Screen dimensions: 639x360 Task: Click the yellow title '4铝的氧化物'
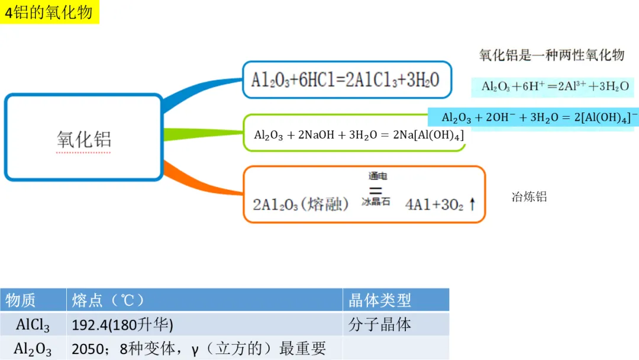point(49,12)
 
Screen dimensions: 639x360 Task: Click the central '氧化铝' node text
point(84,139)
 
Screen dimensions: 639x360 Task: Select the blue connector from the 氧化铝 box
point(202,93)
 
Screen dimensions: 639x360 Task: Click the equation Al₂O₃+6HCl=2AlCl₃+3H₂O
point(345,80)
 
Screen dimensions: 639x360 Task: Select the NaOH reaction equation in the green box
point(359,135)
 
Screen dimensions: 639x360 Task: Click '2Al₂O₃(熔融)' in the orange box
point(301,204)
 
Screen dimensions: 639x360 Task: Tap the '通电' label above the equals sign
point(377,176)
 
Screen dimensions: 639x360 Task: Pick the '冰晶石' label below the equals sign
point(376,201)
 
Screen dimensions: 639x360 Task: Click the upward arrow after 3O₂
point(472,204)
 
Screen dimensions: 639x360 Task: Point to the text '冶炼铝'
point(529,197)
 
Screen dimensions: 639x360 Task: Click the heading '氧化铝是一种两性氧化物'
point(552,54)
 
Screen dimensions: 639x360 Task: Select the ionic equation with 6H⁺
point(555,86)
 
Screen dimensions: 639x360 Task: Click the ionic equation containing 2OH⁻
point(539,117)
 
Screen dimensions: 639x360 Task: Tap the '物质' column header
point(20,300)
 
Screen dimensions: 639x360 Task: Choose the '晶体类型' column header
point(379,300)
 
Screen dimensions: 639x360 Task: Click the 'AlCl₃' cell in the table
point(33,325)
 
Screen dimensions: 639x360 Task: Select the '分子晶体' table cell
point(379,324)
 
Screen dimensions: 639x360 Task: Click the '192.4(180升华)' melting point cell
point(122,324)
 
